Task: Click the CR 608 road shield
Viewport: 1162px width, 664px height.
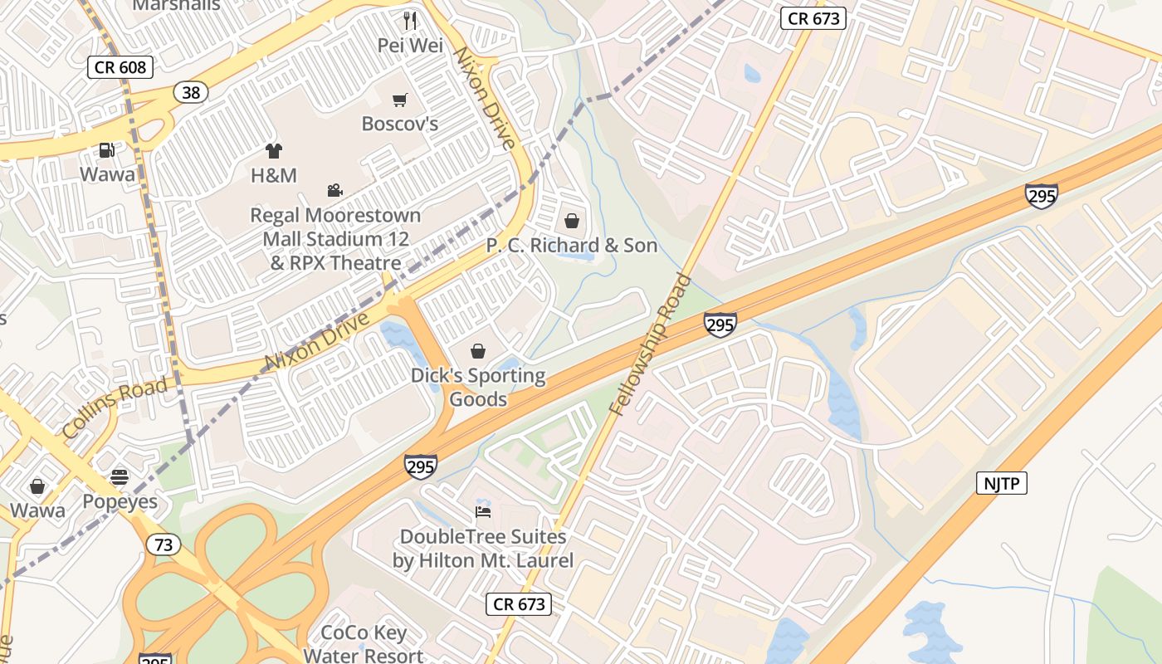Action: pos(120,67)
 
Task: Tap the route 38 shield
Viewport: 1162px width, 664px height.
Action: pos(191,92)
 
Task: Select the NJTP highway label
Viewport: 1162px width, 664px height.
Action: pos(1002,483)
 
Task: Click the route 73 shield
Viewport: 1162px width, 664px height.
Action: pos(163,544)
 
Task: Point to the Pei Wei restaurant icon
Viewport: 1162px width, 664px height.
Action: pos(409,21)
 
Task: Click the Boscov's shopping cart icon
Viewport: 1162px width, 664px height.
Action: pos(400,100)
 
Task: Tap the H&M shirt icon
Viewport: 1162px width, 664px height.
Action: pos(273,151)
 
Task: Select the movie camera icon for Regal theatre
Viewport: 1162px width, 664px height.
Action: pos(334,191)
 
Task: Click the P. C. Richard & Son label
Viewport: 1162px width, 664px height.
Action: pos(571,246)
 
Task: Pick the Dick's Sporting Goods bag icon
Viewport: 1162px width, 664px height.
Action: pos(478,351)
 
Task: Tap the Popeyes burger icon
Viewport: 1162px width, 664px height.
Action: pos(120,477)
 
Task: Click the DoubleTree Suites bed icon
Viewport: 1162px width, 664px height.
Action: pos(482,510)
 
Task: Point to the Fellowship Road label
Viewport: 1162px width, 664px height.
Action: pos(650,344)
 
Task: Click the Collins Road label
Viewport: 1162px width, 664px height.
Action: pos(115,408)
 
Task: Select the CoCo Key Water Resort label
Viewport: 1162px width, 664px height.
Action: pos(364,644)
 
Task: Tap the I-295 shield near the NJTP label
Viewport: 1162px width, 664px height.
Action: pos(1041,196)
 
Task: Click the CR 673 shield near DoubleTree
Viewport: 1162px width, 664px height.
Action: pos(519,604)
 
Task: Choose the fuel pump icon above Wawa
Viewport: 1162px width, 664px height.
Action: pos(107,150)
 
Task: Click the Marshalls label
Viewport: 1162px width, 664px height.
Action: pos(176,5)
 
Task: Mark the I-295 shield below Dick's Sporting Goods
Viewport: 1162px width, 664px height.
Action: pos(421,466)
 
